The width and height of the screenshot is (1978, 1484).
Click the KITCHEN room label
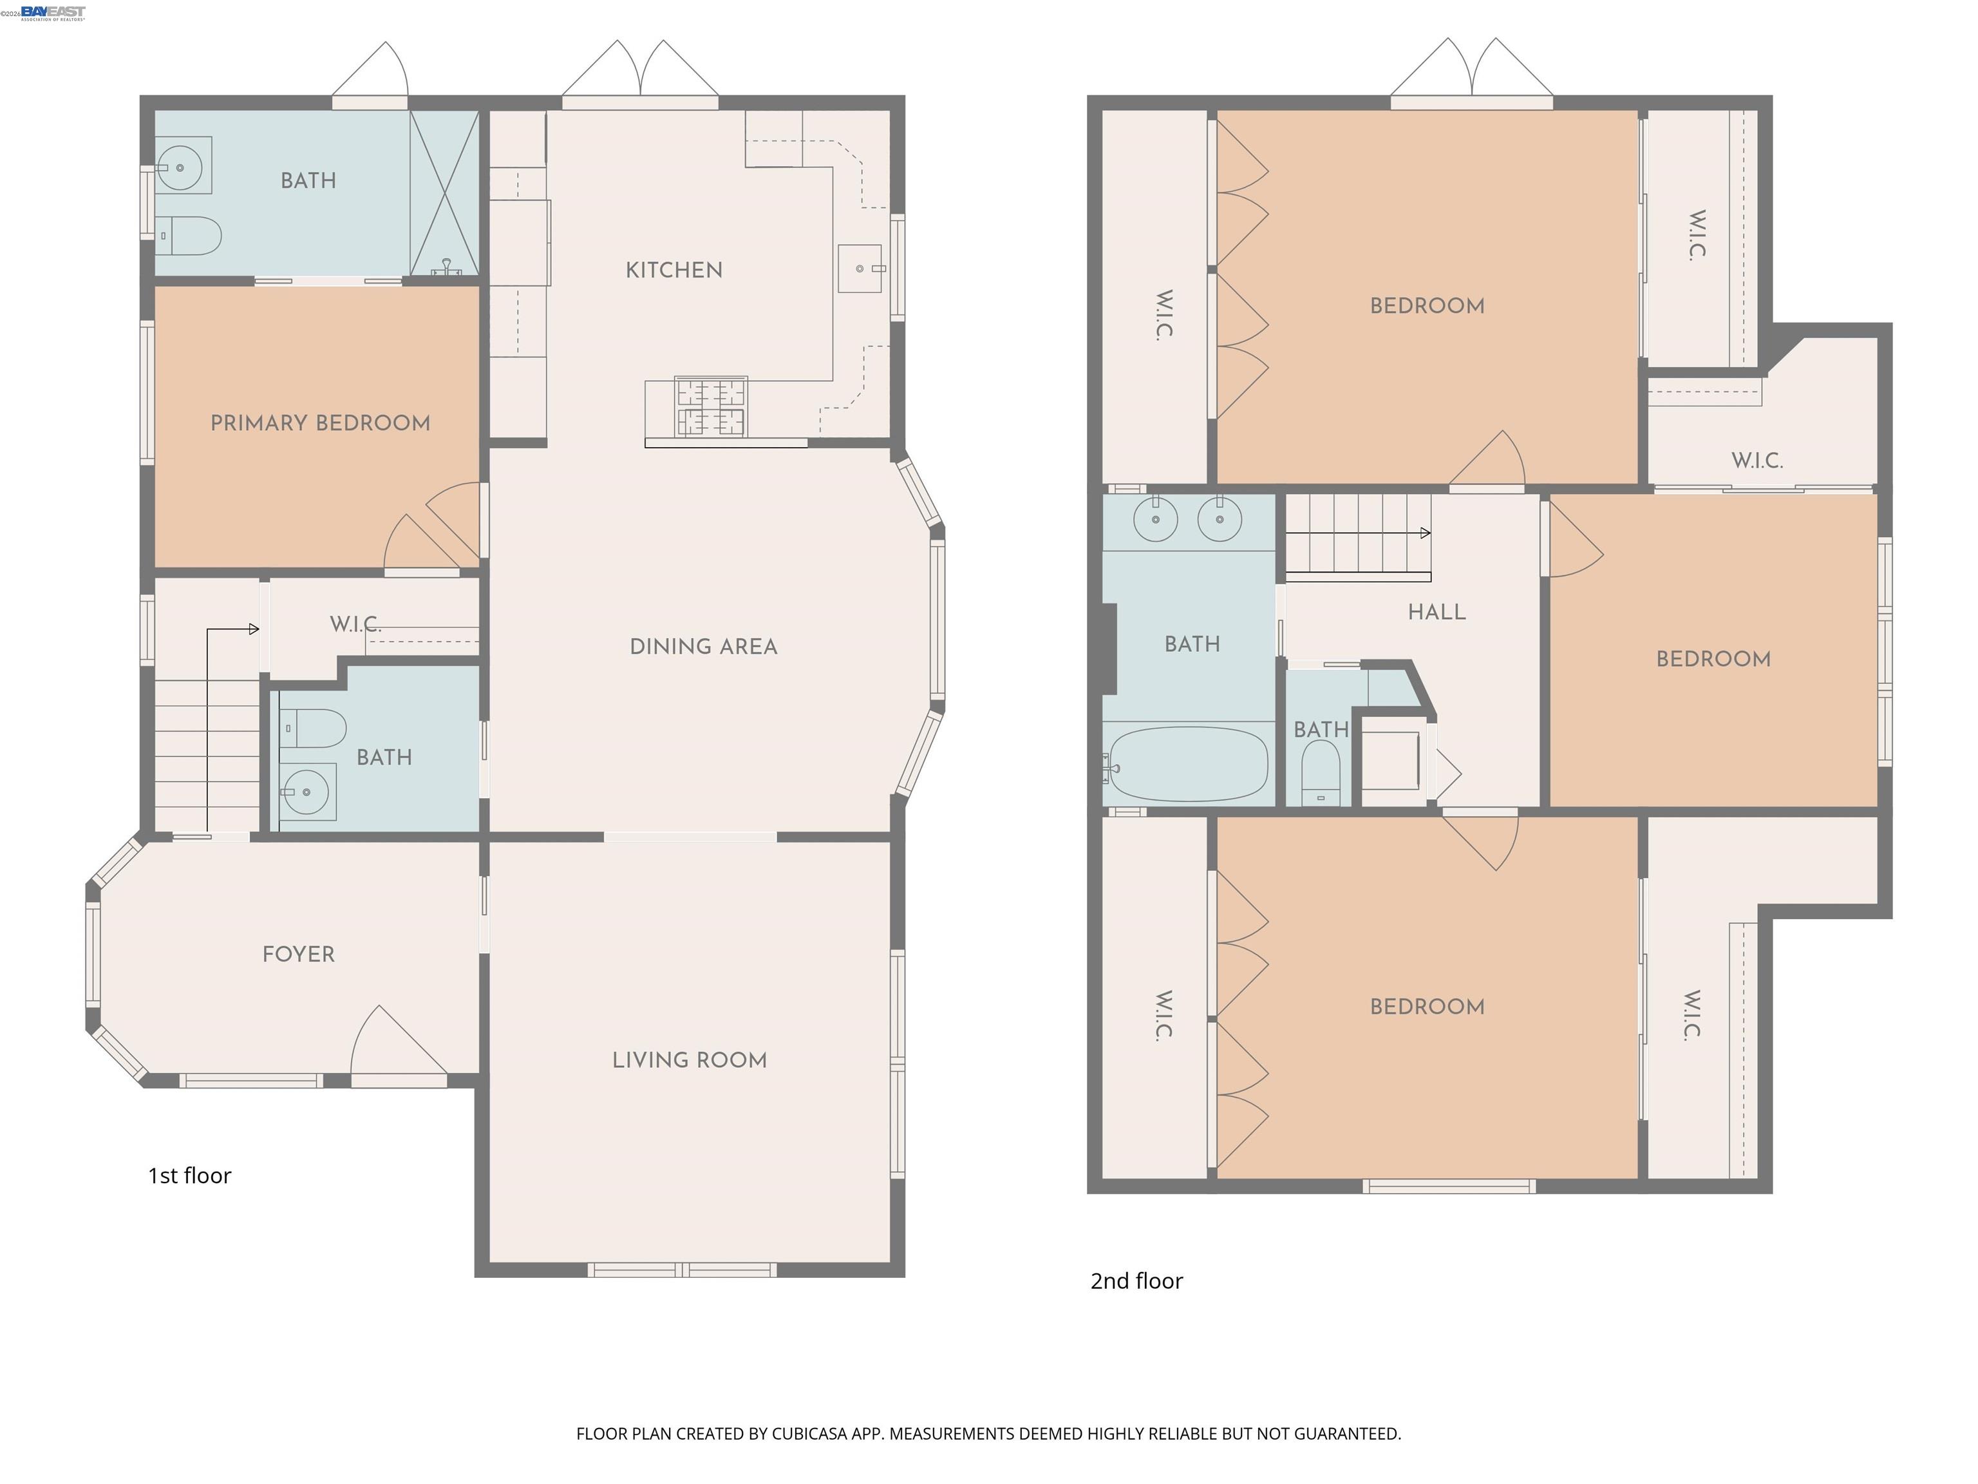673,270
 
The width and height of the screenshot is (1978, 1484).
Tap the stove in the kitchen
711,406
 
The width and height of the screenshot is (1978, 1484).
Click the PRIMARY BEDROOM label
320,423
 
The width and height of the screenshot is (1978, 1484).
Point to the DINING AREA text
703,647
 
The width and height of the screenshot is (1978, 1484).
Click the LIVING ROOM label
690,1060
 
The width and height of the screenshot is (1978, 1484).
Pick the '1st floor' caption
189,1175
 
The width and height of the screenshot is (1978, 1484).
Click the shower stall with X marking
444,193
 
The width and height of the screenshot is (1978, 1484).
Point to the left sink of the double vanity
1155,518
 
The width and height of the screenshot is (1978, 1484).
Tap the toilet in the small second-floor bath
1320,775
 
